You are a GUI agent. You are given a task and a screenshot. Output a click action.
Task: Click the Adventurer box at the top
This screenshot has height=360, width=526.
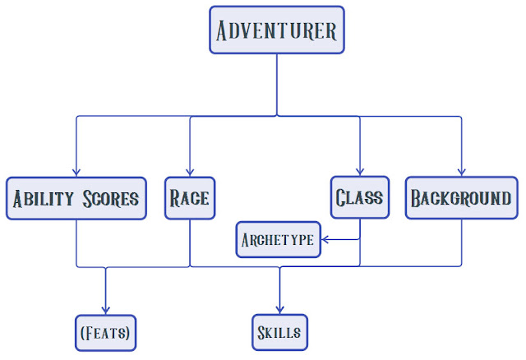click(276, 32)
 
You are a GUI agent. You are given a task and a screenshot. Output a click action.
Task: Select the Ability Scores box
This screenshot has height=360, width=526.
click(76, 198)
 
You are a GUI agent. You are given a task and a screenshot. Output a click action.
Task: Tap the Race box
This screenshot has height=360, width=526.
click(190, 198)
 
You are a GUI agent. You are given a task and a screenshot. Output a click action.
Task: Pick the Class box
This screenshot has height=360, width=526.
click(360, 198)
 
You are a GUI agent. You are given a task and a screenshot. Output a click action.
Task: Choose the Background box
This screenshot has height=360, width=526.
click(460, 198)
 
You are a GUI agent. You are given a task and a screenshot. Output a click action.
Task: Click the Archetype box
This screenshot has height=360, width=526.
click(278, 240)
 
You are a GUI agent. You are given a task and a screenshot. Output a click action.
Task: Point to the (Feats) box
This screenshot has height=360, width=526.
click(104, 334)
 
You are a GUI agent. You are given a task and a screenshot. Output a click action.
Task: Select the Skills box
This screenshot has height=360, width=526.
click(279, 334)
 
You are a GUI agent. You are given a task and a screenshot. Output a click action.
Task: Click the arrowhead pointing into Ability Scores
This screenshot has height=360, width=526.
click(76, 171)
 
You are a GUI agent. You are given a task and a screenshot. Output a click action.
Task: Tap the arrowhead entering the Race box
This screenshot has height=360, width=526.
click(190, 171)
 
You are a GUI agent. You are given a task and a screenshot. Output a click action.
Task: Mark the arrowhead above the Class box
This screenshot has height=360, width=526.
click(360, 171)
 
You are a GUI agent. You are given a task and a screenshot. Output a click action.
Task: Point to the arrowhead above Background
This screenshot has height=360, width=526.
click(461, 171)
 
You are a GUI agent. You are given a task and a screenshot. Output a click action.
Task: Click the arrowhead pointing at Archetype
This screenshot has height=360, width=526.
click(325, 240)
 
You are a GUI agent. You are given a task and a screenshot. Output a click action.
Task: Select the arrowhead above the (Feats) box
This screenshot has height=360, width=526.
click(104, 309)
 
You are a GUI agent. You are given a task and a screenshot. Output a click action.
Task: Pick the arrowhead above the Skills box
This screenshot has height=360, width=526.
click(279, 309)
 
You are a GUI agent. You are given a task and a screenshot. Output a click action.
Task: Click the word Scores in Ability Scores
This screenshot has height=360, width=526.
click(111, 199)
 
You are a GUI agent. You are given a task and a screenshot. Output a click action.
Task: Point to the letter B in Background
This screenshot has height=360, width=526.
click(417, 199)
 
